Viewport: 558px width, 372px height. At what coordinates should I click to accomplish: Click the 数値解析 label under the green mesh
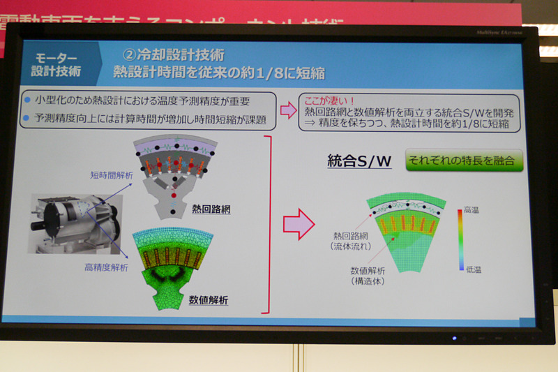click(209, 300)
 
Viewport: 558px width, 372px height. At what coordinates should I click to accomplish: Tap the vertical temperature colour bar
click(460, 238)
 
